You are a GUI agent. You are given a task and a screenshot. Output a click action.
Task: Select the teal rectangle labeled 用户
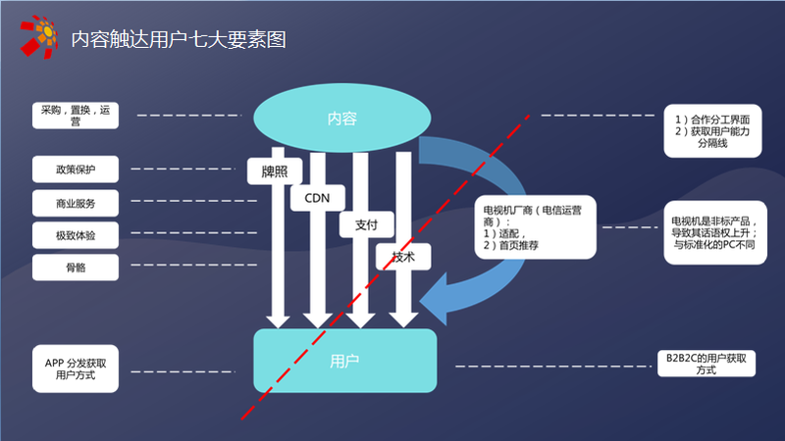coord(344,360)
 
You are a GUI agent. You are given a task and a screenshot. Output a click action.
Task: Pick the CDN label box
coord(316,197)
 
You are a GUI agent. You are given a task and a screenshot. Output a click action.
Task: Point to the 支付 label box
coord(366,224)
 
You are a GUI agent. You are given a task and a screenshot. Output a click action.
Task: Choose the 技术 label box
coord(403,257)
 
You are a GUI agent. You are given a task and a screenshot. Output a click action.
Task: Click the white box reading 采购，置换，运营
coord(76,117)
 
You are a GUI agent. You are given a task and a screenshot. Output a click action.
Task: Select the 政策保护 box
coord(76,169)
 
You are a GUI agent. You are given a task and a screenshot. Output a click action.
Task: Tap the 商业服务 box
coord(76,203)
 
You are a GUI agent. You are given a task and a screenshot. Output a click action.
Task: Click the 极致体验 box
coord(76,235)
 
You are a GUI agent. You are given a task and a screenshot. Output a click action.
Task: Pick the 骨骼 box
coord(76,268)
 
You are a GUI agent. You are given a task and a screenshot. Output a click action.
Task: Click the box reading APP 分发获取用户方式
coord(76,368)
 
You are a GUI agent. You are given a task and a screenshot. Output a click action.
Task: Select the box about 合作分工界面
coord(713,130)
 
